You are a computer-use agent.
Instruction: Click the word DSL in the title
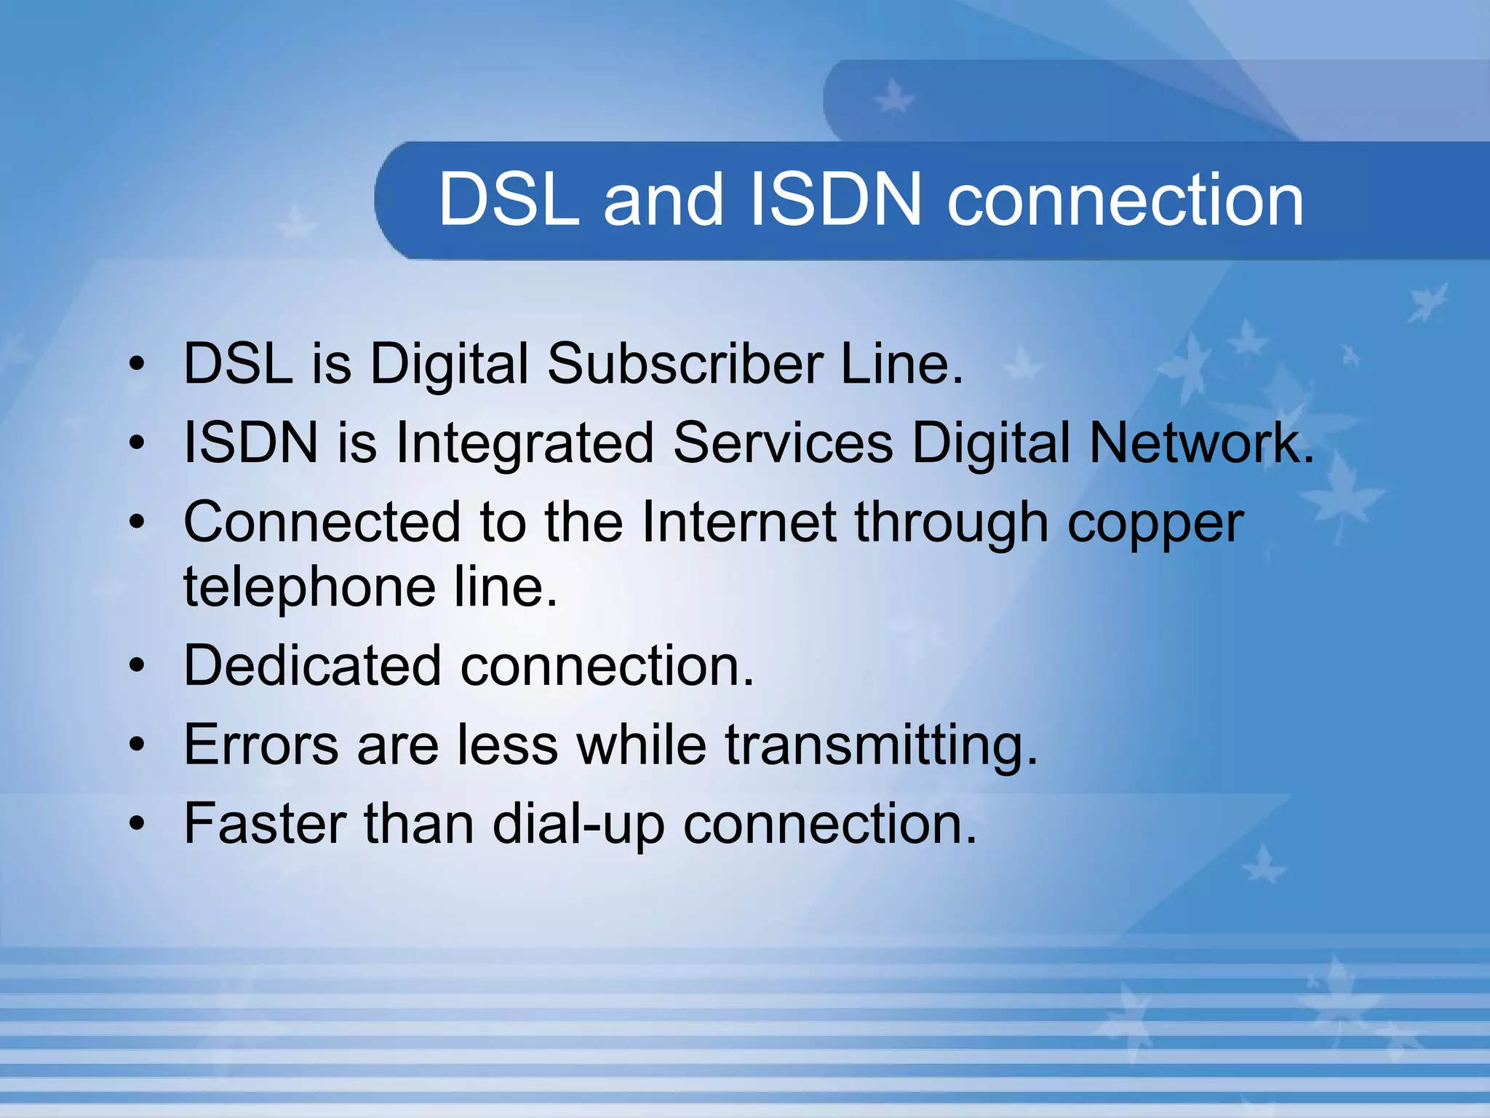click(509, 199)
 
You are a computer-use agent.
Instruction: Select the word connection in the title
click(1125, 201)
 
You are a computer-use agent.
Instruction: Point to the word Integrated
click(525, 444)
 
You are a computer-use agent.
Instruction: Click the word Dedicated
click(312, 665)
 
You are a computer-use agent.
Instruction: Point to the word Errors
click(261, 745)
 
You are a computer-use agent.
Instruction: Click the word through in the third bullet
click(952, 523)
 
